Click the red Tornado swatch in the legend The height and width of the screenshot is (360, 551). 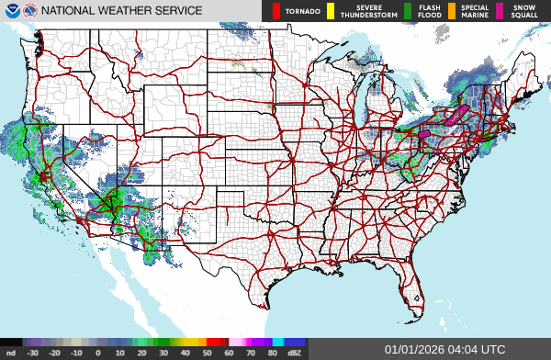click(x=275, y=11)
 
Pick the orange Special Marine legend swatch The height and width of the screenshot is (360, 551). click(x=452, y=11)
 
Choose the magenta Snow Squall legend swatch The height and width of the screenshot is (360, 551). click(x=500, y=11)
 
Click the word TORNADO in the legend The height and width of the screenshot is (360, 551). click(x=302, y=12)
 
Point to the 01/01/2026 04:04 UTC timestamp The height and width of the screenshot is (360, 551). click(x=444, y=350)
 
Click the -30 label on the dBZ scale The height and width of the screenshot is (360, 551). click(x=32, y=353)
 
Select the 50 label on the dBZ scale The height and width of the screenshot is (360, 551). click(x=207, y=353)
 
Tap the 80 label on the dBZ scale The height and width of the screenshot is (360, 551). click(x=273, y=353)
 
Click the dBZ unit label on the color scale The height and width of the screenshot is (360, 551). click(x=295, y=353)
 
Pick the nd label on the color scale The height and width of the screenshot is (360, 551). click(x=10, y=353)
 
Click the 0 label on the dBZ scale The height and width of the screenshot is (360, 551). click(x=98, y=353)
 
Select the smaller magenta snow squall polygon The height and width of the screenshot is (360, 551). click(x=424, y=133)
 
